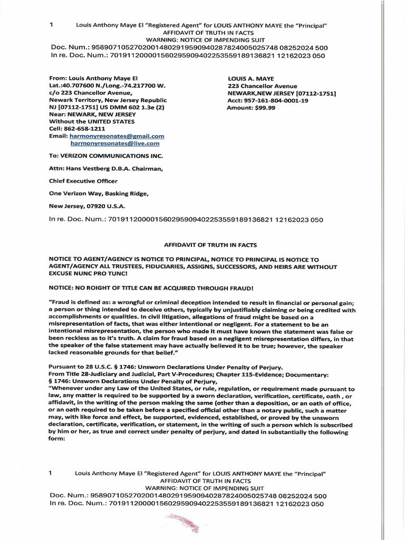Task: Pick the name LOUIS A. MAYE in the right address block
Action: tap(251, 78)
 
